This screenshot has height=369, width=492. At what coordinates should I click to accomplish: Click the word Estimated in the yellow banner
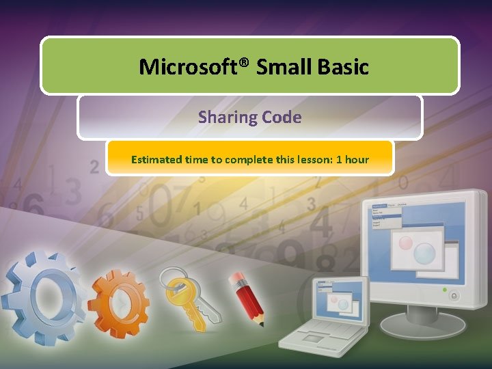tap(156, 160)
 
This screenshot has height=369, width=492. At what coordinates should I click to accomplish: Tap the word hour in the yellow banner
tap(357, 160)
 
